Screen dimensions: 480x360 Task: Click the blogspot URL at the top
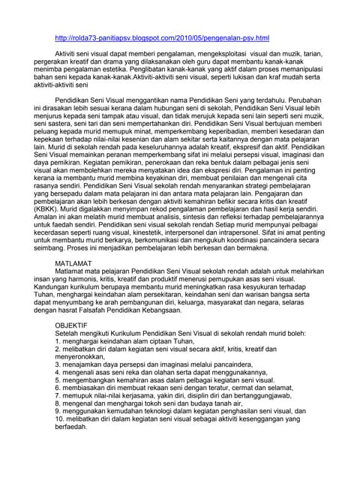(162, 37)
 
